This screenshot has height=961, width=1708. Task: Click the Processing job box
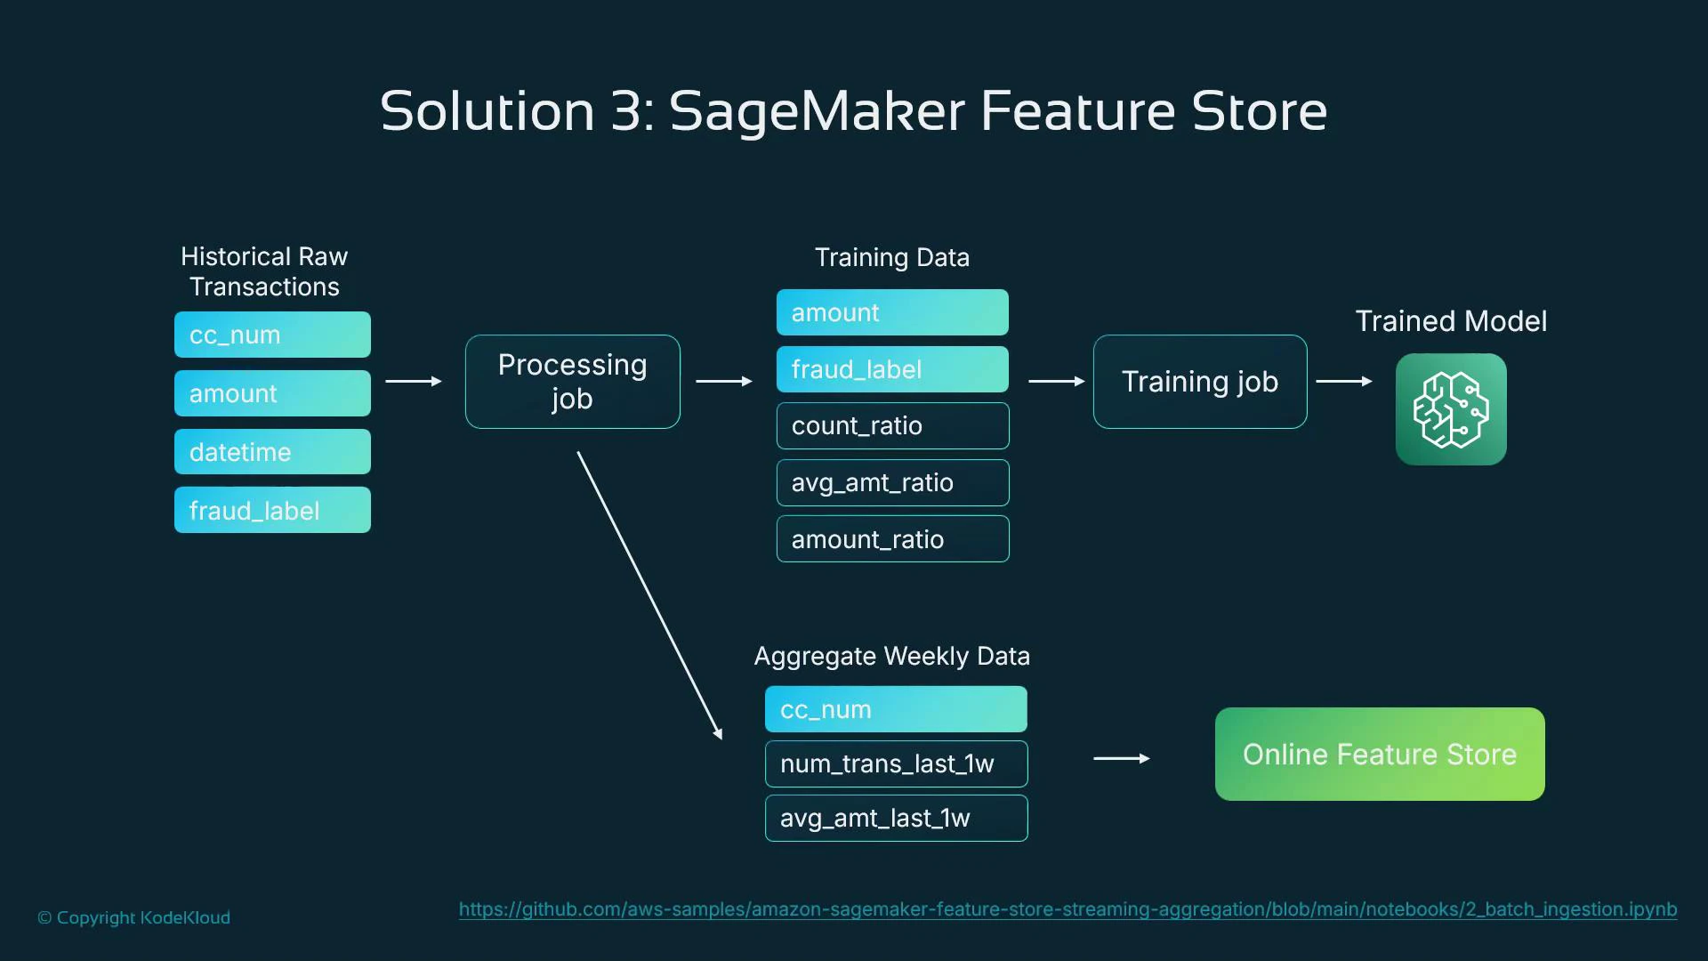coord(572,382)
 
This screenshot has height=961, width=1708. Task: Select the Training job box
coord(1199,382)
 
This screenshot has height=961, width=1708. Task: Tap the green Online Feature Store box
coord(1379,755)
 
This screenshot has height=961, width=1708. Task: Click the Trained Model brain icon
coord(1450,409)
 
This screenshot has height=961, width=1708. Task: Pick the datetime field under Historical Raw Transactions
coord(272,452)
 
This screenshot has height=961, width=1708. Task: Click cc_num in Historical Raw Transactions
coord(272,335)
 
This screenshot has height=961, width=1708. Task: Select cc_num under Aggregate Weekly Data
coord(895,709)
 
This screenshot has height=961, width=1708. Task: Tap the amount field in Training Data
coord(891,312)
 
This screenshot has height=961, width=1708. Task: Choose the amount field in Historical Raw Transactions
coord(272,393)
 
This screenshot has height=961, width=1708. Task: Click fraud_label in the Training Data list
coord(891,369)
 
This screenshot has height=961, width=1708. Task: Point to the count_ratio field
coord(891,426)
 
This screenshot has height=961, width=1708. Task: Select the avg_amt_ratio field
coord(891,483)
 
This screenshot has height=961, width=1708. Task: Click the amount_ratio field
coord(891,539)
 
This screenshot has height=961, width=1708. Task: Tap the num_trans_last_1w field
coord(895,763)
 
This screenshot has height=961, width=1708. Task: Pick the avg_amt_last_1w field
coord(895,818)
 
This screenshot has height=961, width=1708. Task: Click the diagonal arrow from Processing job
coord(649,594)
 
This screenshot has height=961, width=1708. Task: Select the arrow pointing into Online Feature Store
coord(1121,758)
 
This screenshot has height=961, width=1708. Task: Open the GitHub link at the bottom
coord(1067,909)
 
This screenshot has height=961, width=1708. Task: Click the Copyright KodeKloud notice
coord(133,917)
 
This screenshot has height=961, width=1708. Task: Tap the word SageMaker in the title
coord(817,111)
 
